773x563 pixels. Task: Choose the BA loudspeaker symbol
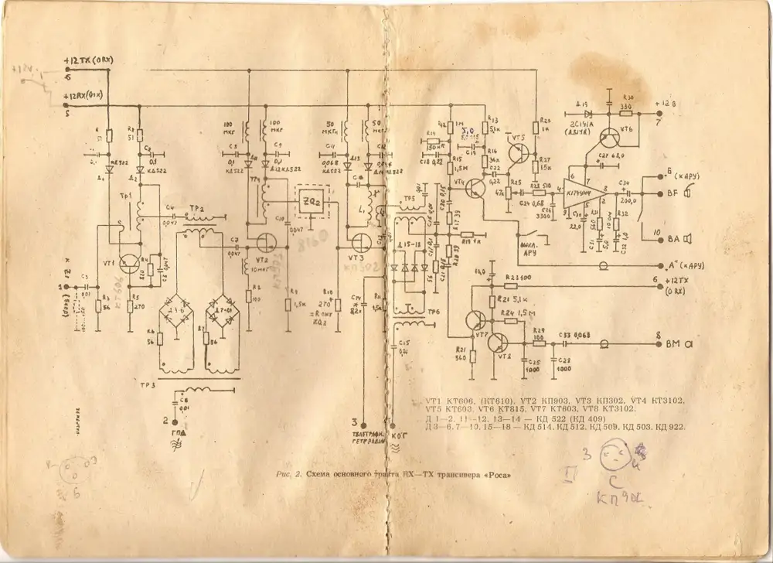click(684, 238)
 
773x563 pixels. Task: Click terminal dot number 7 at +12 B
click(659, 112)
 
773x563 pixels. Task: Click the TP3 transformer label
click(147, 384)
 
